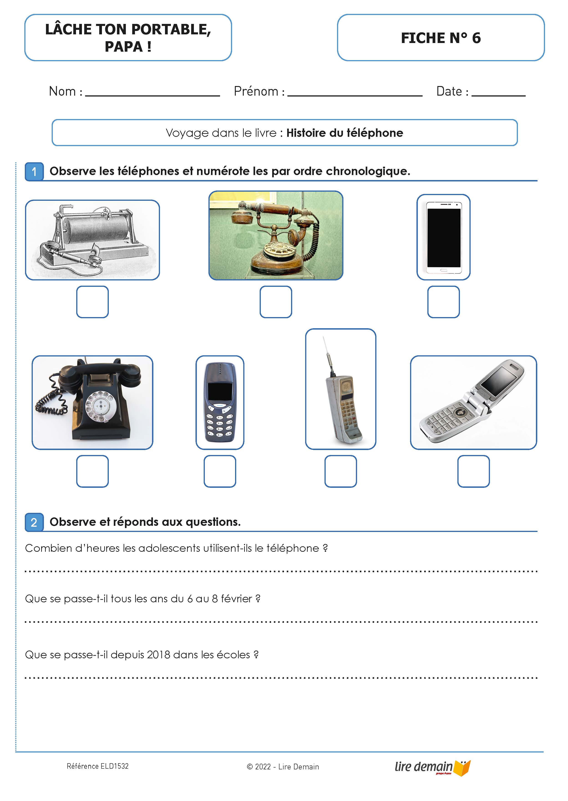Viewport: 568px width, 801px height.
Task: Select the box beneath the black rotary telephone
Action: (x=92, y=471)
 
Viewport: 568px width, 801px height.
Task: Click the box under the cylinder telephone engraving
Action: (x=92, y=302)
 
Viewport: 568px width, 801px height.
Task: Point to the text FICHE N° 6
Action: (x=441, y=38)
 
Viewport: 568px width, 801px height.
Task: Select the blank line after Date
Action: (x=498, y=94)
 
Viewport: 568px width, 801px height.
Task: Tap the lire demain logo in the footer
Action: (x=432, y=767)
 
